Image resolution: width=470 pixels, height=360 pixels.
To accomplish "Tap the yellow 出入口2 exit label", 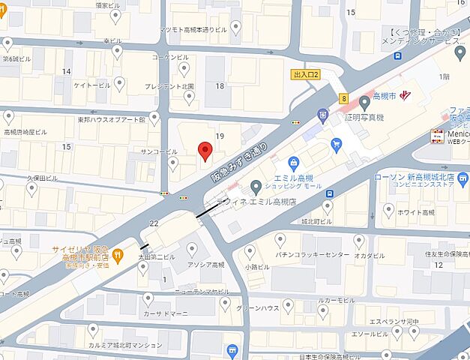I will (306, 74).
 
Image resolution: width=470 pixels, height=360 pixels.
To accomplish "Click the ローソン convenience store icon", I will (462, 178).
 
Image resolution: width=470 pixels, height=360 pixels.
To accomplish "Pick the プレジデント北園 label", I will (169, 86).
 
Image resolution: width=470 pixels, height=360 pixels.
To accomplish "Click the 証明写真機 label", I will (359, 118).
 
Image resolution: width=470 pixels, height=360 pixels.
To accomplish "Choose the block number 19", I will (220, 136).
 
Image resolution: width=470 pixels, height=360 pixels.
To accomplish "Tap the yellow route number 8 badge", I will (343, 97).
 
